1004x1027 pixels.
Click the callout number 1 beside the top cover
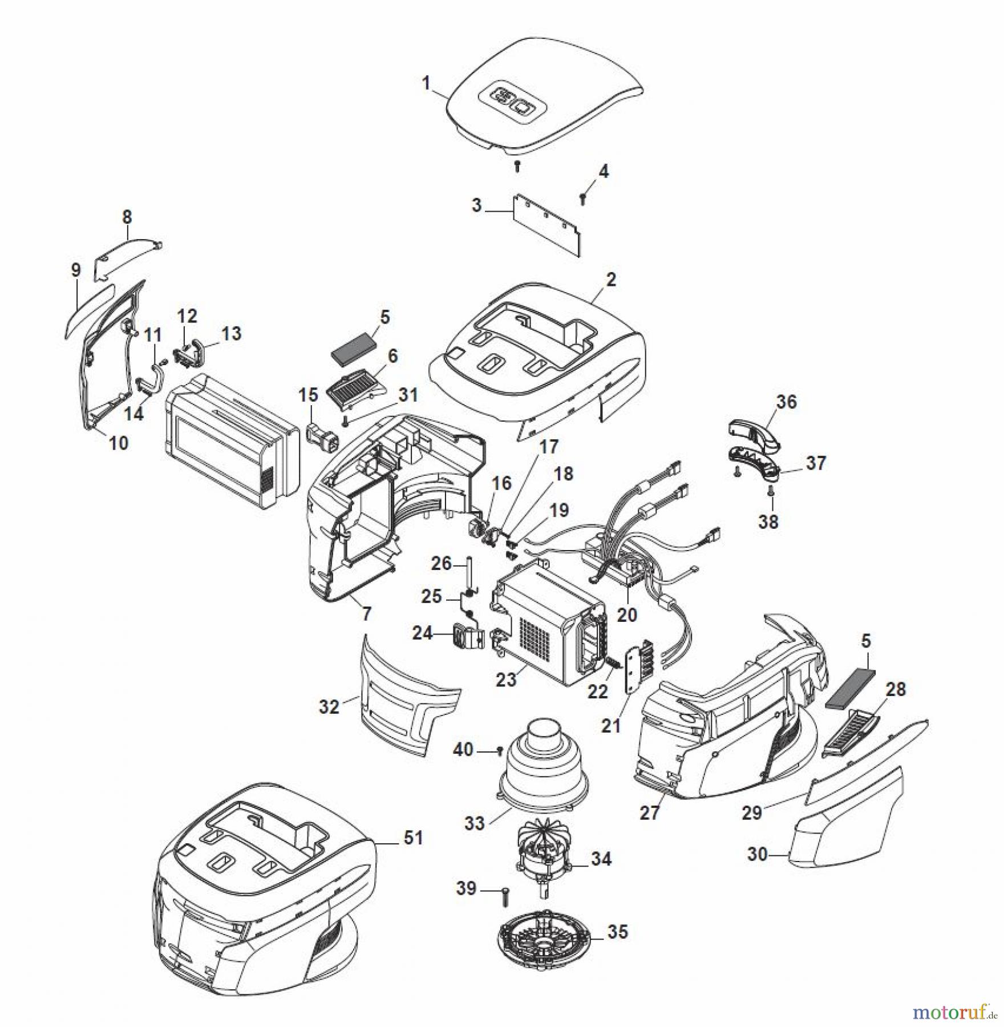[x=426, y=83]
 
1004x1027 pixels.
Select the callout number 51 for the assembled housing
[x=413, y=838]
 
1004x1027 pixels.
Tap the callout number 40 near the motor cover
[x=463, y=749]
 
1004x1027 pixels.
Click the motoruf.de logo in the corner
[x=953, y=1012]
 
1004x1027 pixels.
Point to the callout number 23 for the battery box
[x=505, y=680]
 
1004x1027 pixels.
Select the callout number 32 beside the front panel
[x=329, y=707]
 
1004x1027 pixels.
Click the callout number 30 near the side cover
[x=757, y=854]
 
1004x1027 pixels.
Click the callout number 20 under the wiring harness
[x=627, y=614]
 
